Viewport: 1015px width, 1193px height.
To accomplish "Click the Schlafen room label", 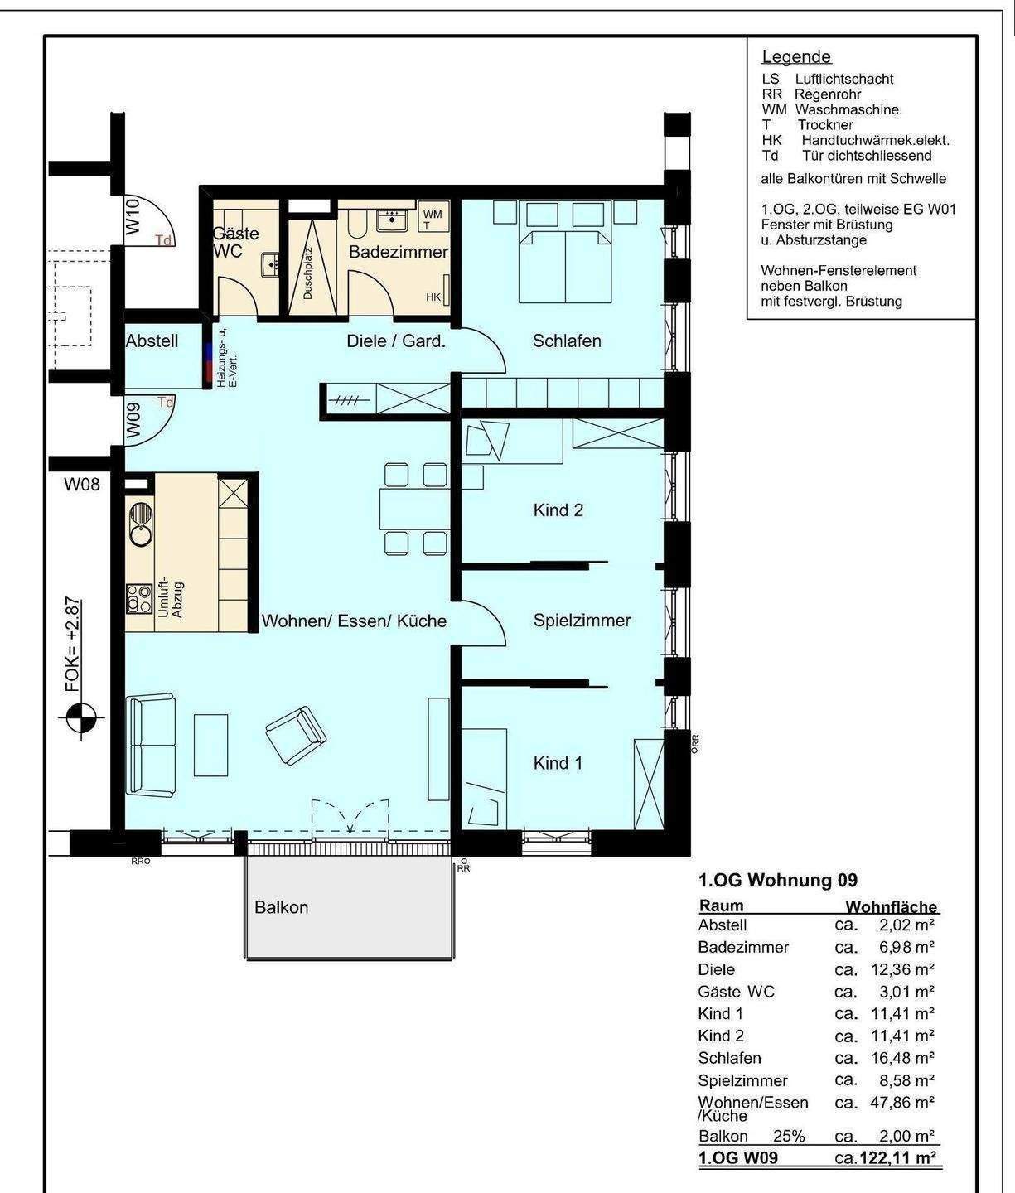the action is coord(567,341).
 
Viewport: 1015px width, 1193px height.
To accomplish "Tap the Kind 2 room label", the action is coord(558,510).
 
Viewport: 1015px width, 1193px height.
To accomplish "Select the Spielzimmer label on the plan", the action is coord(582,621).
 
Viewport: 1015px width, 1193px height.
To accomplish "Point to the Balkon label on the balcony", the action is coord(281,907).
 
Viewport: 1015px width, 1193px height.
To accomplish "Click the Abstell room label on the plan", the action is coord(152,341).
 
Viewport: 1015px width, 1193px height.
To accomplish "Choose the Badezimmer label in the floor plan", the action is coord(399,252).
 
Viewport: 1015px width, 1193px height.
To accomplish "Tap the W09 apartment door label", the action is coord(133,419).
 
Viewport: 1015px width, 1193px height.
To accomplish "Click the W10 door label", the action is coord(133,215).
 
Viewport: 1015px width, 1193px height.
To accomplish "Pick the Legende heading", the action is coord(796,56).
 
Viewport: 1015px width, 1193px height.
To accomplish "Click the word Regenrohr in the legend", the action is coord(828,94).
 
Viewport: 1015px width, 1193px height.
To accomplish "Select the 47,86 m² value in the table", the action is coord(901,1103).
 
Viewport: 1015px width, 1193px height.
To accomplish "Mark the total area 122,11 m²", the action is coord(897,1158).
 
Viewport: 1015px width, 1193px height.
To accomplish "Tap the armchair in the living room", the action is coord(296,736).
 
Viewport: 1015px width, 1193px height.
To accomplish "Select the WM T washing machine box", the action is coord(433,217).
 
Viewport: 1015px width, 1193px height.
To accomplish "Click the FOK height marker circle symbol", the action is coord(81,717).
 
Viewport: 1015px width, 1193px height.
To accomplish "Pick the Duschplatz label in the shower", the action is coord(307,273).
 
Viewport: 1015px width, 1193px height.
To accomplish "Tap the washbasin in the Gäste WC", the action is coord(269,265).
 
